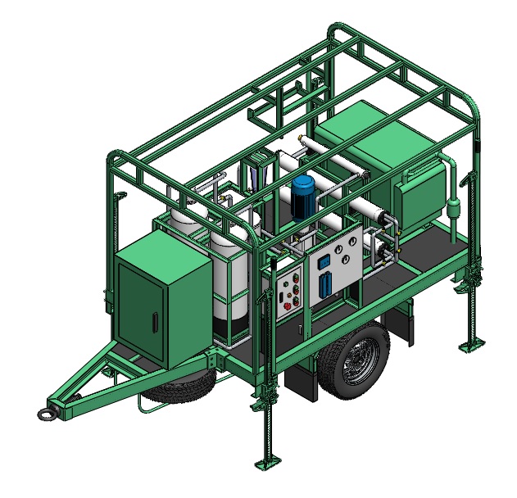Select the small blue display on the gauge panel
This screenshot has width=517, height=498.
[x=324, y=264]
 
